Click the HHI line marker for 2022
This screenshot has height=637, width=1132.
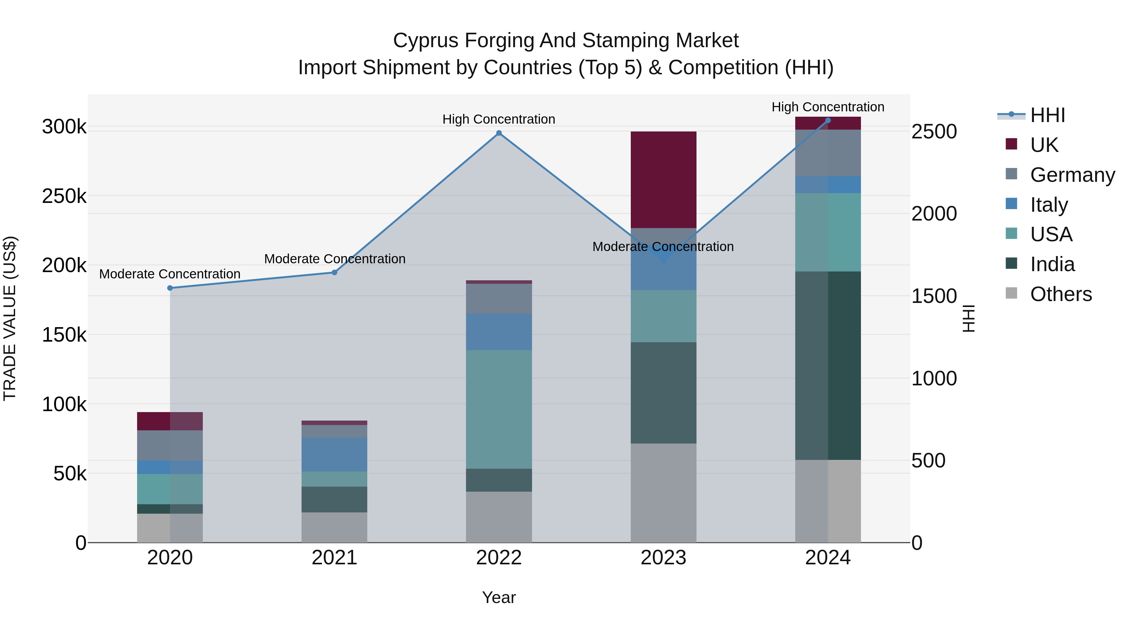(x=499, y=133)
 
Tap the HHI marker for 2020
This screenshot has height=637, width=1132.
(x=170, y=288)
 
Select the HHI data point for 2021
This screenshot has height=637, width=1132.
(x=335, y=272)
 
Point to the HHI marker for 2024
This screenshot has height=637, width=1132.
(x=828, y=120)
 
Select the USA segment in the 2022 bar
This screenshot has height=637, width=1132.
(x=499, y=409)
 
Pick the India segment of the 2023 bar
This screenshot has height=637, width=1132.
(x=663, y=393)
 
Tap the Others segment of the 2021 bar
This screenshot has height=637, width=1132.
(x=335, y=527)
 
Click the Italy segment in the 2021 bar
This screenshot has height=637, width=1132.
(x=335, y=454)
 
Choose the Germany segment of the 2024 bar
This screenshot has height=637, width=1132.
(x=828, y=153)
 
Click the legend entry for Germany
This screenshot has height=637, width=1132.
(x=1072, y=175)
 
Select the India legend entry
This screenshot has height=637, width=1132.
(x=1052, y=265)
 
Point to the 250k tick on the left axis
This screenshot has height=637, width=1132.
(x=64, y=196)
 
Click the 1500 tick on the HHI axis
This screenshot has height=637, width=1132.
(x=934, y=296)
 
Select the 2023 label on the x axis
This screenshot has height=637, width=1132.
(x=663, y=558)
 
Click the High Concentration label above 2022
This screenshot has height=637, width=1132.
(x=499, y=119)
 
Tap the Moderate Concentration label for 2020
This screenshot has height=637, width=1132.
(x=170, y=274)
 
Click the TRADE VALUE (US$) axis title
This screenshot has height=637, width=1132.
(x=10, y=318)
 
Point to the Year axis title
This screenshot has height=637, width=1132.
(x=499, y=597)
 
